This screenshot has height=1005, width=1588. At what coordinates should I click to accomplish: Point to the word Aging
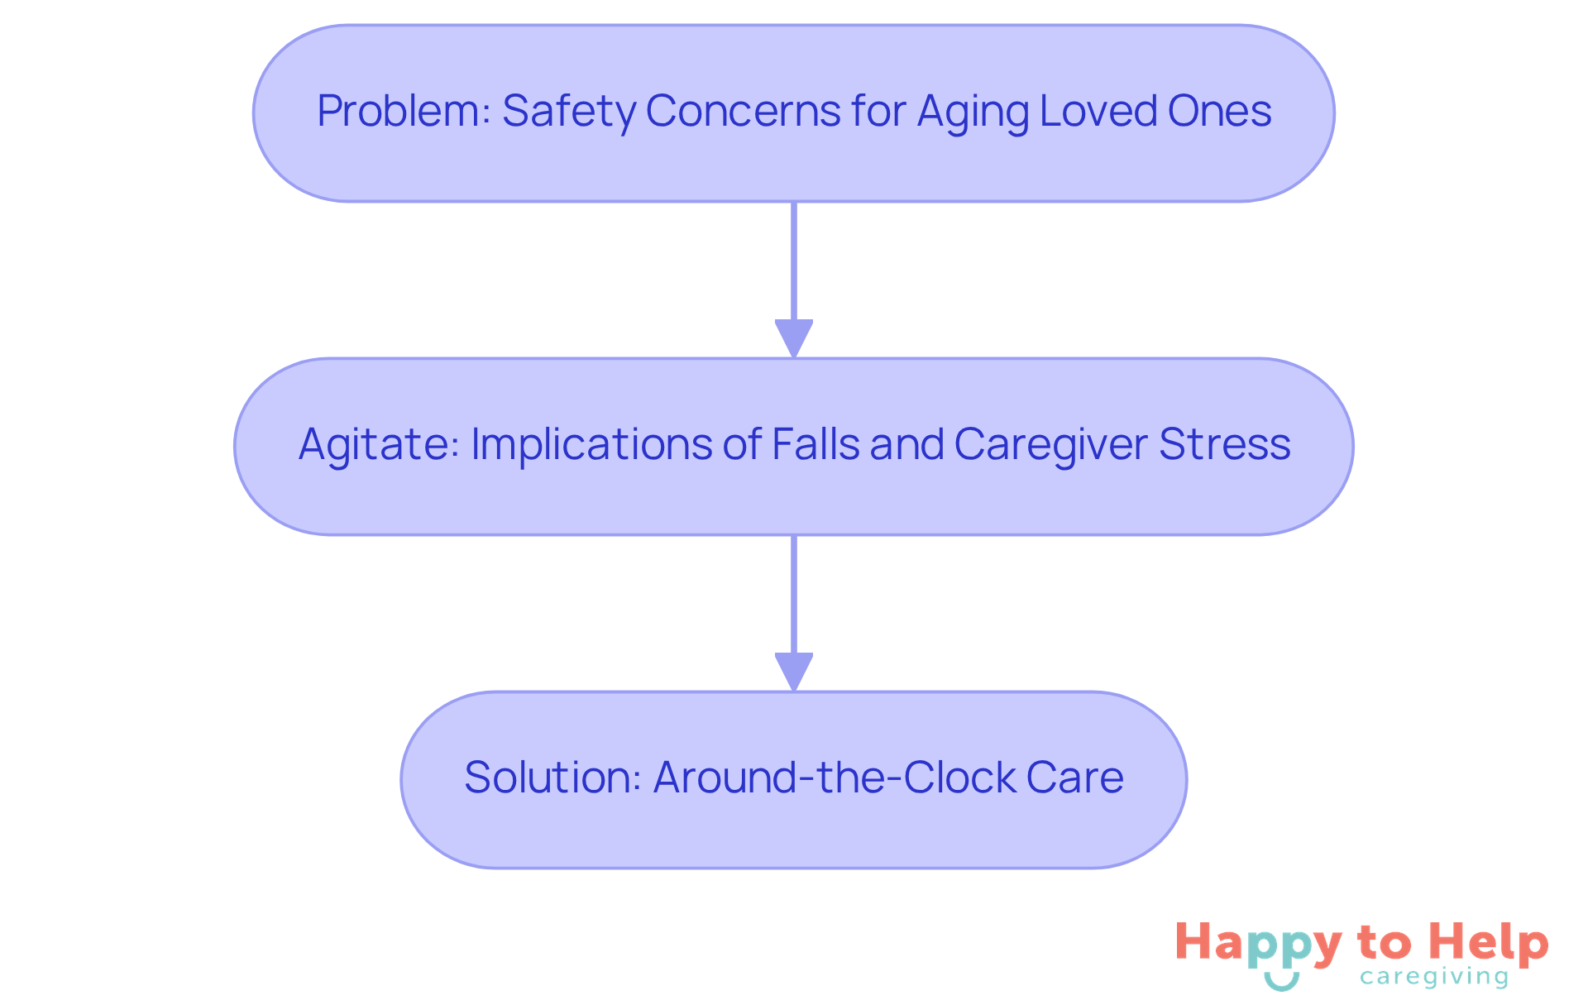973,112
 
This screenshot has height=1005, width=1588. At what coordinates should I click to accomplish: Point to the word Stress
1224,444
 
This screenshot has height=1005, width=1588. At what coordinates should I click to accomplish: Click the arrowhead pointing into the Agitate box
794,339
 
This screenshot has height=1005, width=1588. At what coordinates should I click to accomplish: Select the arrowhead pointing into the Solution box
794,672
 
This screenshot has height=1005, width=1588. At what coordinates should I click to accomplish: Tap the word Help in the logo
1490,943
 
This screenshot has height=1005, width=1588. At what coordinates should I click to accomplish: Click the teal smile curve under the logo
1281,983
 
